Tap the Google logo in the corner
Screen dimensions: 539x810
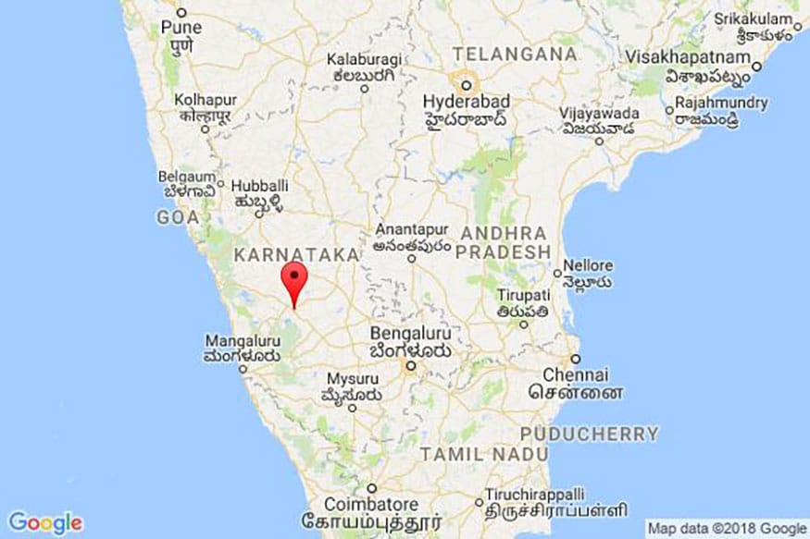click(x=45, y=522)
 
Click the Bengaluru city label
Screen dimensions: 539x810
click(x=410, y=334)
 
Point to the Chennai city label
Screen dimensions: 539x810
click(x=576, y=375)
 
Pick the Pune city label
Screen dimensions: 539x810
click(x=181, y=28)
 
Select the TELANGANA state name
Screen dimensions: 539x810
click(x=514, y=54)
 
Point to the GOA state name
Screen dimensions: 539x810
click(x=178, y=217)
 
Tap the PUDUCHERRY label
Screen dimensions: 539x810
click(x=589, y=433)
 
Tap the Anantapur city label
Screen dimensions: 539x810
click(x=412, y=230)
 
